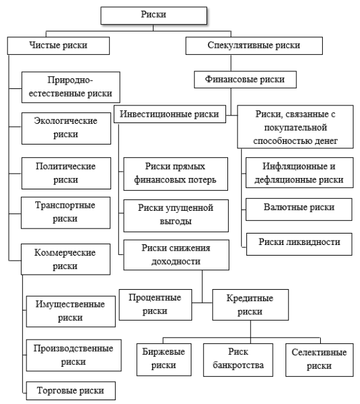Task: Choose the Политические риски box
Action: pos(69,172)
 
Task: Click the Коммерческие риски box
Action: pos(69,258)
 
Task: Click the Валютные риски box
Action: pos(295,206)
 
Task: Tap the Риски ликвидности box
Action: pos(295,241)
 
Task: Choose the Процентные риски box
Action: pos(150,304)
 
